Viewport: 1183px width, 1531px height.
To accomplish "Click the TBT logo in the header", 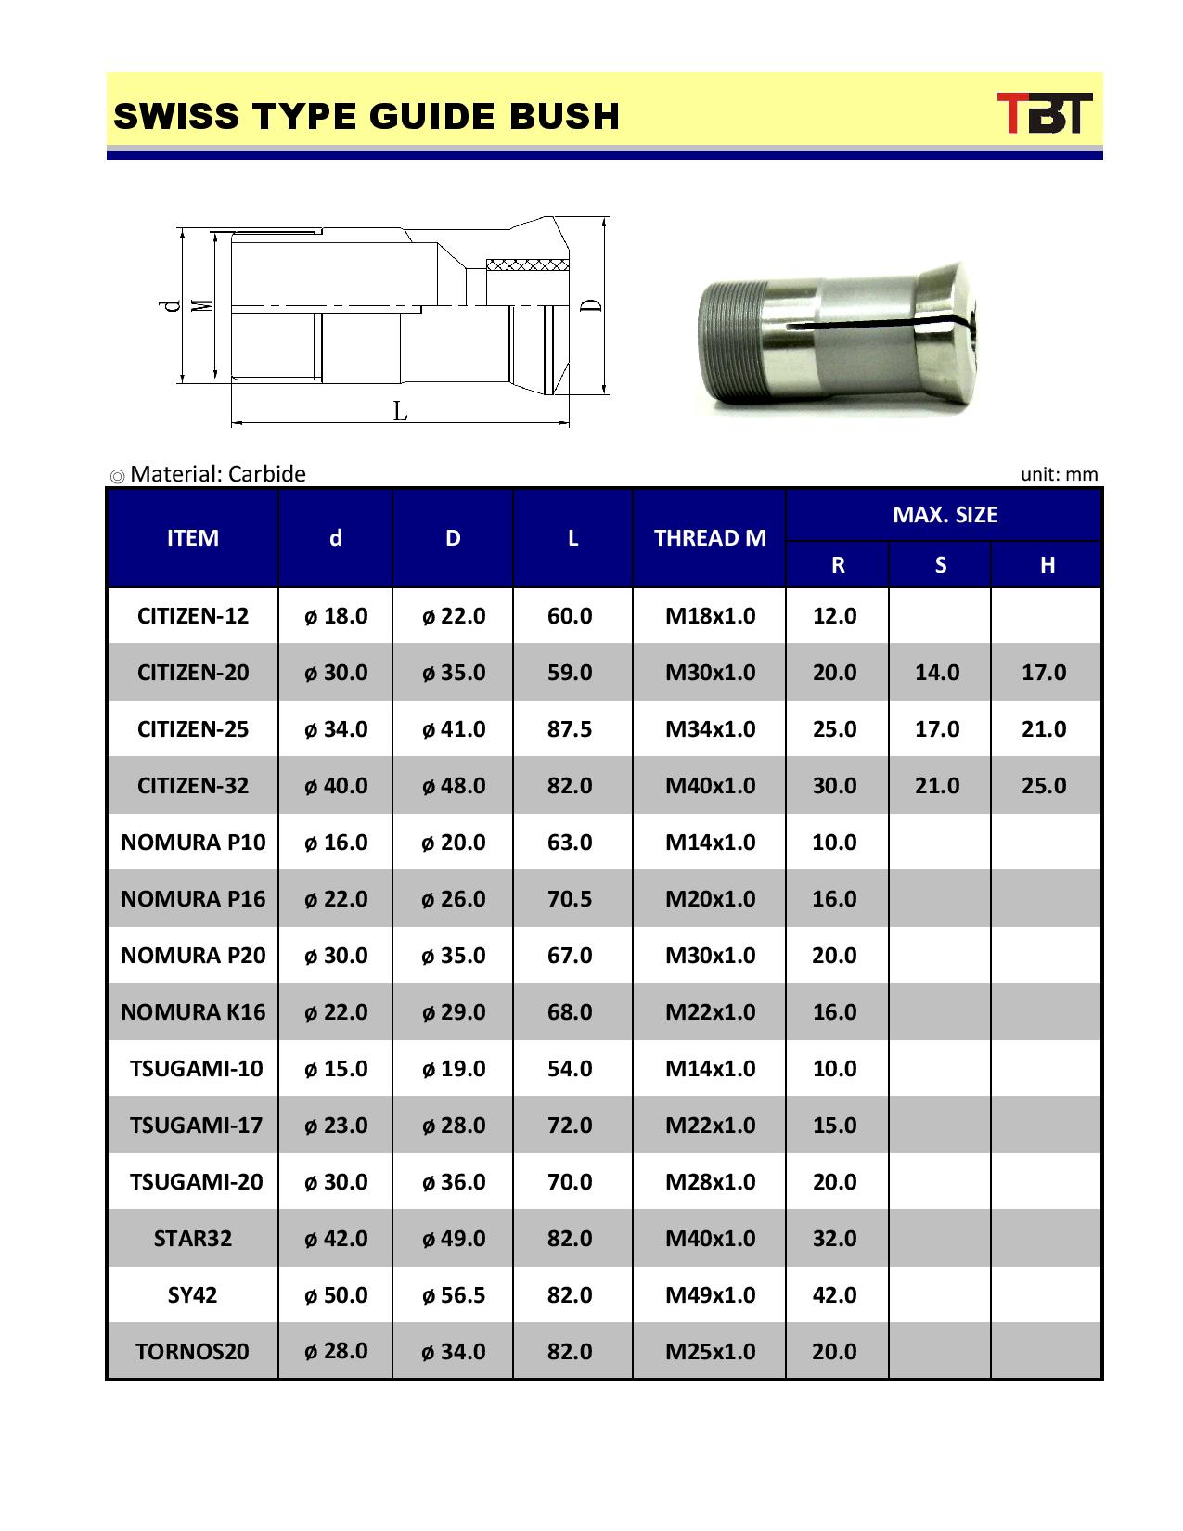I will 1045,113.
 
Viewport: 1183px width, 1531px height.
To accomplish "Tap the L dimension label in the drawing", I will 400,411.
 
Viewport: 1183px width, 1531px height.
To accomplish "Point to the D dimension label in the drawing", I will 591,304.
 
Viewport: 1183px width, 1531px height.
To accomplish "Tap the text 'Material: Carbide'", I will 217,474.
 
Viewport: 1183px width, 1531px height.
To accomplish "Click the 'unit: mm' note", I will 1059,475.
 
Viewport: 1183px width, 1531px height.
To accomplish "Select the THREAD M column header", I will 710,538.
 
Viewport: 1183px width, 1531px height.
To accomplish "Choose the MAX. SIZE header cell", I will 945,515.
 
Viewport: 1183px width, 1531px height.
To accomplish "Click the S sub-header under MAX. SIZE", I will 940,565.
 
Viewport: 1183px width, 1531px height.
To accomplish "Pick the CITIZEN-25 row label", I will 193,729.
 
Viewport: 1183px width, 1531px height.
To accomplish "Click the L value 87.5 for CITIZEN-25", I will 570,729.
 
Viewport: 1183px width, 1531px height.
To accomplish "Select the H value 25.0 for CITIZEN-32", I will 1044,786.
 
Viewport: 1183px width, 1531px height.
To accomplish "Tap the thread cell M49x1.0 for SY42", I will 710,1295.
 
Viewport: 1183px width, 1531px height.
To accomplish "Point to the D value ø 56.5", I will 454,1295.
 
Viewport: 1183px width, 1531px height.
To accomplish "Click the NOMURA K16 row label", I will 193,1012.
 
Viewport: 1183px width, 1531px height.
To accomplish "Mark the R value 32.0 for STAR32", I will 834,1239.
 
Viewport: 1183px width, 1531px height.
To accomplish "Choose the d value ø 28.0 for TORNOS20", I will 336,1351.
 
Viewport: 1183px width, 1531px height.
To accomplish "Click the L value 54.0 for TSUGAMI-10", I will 570,1069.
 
